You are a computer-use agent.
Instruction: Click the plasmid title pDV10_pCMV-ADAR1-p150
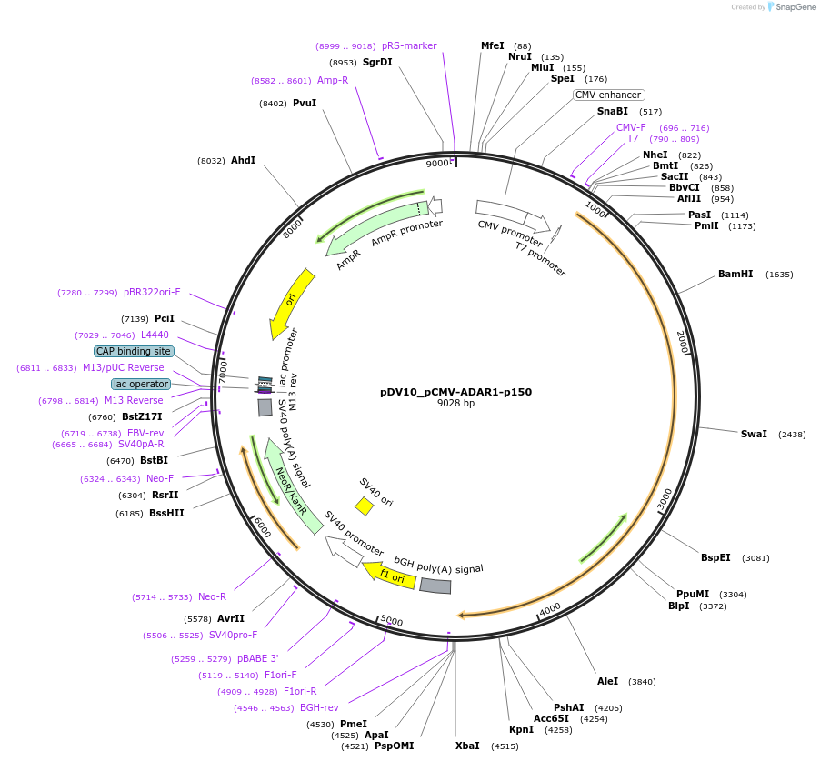(x=455, y=392)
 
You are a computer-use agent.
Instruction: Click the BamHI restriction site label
(x=735, y=274)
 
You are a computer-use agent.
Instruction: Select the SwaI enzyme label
(x=754, y=434)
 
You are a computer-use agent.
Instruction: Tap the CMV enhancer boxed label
(x=608, y=95)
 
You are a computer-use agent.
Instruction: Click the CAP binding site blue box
(x=134, y=351)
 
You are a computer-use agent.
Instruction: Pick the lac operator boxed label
(x=140, y=384)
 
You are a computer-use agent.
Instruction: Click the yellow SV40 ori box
(x=364, y=506)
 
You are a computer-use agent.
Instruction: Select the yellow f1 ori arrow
(x=390, y=574)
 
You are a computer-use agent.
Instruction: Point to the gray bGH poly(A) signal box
(x=435, y=586)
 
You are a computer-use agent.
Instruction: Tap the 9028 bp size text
(x=455, y=403)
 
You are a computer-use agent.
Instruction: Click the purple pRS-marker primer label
(x=409, y=45)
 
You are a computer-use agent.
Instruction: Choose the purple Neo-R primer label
(x=212, y=596)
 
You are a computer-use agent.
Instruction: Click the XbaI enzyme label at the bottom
(x=467, y=746)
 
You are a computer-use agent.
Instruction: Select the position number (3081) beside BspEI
(x=755, y=557)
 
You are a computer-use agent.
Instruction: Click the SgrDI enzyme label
(x=377, y=62)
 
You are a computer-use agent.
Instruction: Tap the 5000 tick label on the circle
(x=392, y=621)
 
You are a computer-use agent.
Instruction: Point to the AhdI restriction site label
(x=243, y=160)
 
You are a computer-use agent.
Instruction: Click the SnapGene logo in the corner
(x=791, y=7)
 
